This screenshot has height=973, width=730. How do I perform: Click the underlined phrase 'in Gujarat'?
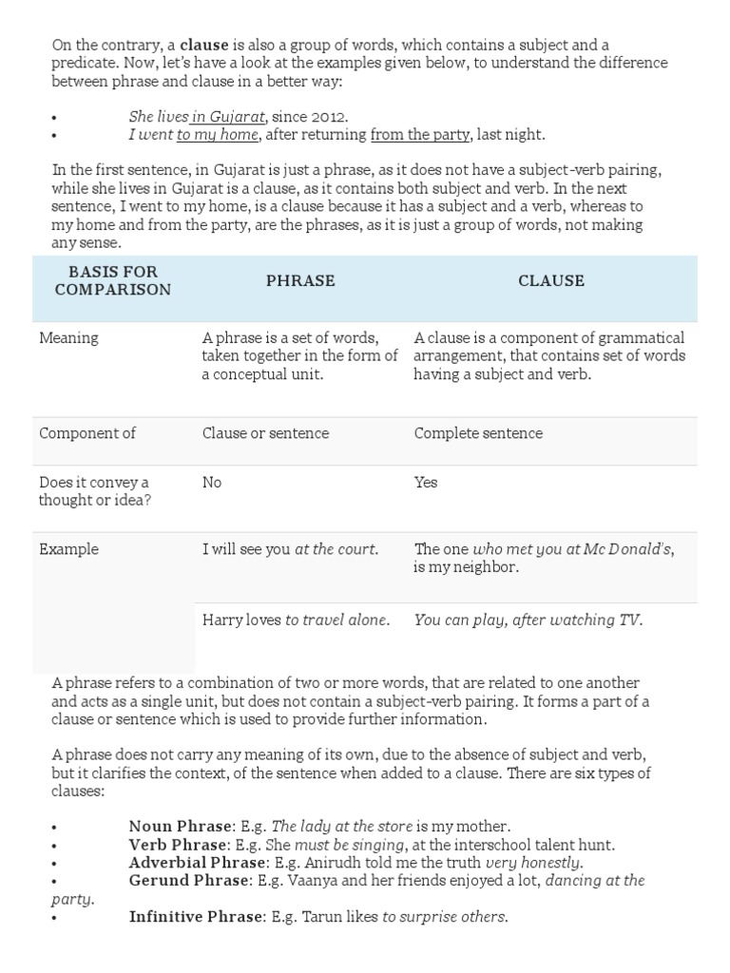tap(228, 117)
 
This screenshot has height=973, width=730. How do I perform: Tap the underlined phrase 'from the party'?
tap(419, 135)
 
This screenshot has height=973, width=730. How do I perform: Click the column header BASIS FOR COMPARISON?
tap(113, 280)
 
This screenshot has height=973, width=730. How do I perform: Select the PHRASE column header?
tap(300, 281)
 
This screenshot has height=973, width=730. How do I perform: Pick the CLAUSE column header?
tap(551, 281)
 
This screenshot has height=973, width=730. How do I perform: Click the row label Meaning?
tap(68, 338)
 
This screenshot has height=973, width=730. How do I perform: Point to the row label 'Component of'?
tap(87, 433)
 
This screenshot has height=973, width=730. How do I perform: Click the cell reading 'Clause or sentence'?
tap(265, 433)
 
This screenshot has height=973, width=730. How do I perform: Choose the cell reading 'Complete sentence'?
tap(478, 433)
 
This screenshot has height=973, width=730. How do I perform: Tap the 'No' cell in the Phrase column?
tap(212, 483)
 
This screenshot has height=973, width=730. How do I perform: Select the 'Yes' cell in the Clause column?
tap(426, 483)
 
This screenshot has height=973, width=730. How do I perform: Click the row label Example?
tap(68, 549)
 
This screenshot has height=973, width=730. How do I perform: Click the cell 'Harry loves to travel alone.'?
tap(296, 620)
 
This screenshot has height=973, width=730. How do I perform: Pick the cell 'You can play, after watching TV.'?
tap(528, 620)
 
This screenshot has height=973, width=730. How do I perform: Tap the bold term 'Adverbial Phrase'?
tap(197, 863)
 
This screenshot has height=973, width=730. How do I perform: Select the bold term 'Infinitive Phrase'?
tap(195, 917)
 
